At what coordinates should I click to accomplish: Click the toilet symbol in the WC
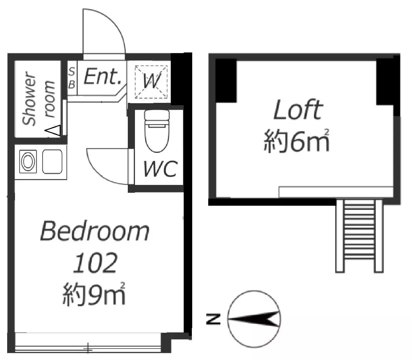coord(157,131)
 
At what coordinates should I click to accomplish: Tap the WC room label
coord(161,169)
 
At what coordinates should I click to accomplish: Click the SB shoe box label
coord(72,78)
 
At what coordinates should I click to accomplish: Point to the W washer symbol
coord(151,82)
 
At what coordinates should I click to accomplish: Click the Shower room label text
coord(39,98)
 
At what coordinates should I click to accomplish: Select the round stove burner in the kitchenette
coord(28,161)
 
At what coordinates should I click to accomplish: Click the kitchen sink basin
coord(52,161)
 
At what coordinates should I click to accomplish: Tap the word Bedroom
coord(95,231)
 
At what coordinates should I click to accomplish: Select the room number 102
coord(95,263)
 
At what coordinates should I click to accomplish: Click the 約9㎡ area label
coord(93,294)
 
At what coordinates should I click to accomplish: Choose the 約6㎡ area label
coord(296,141)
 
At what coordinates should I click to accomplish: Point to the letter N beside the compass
coord(213,319)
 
